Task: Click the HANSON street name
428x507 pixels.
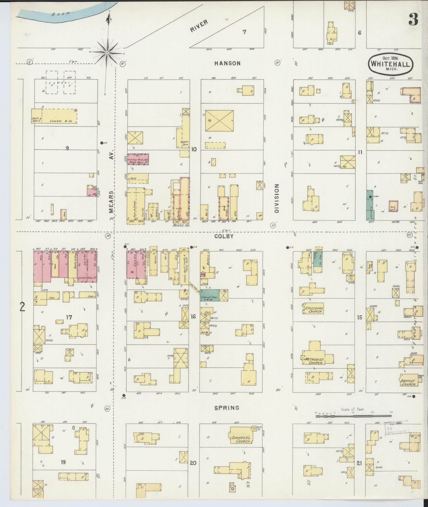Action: click(227, 63)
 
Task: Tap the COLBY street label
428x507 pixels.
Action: click(224, 236)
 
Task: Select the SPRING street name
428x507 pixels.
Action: click(227, 408)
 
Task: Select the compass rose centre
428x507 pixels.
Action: click(107, 53)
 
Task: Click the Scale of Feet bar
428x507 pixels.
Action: click(354, 416)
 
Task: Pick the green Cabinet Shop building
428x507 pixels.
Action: click(210, 295)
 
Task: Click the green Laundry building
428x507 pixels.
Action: click(370, 205)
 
